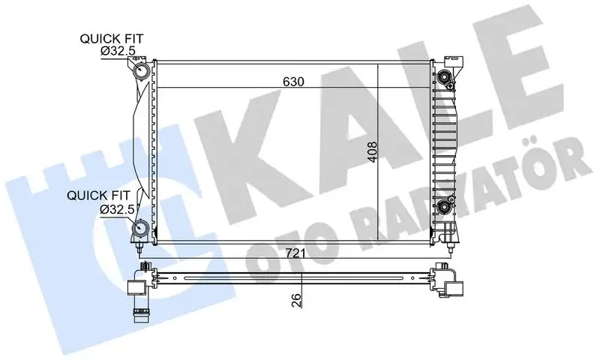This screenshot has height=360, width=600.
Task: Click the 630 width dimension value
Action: [293, 82]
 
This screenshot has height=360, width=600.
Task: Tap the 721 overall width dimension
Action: [295, 253]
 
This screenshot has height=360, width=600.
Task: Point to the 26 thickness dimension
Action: [296, 299]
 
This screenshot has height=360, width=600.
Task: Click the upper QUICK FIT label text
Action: [111, 39]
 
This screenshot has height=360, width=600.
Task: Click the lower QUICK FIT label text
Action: [98, 196]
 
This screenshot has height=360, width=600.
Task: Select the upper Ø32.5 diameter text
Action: [118, 50]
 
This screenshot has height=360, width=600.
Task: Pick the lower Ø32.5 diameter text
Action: [117, 209]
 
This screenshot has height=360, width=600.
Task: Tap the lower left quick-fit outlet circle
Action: [141, 229]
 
